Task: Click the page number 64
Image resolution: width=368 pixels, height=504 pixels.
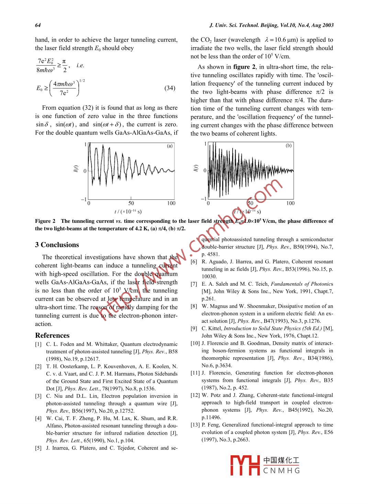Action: click(x=38, y=25)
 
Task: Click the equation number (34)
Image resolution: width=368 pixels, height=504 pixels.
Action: click(x=170, y=88)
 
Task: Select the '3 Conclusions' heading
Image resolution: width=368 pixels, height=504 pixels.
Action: click(x=57, y=245)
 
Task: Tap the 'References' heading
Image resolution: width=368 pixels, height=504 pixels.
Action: click(x=52, y=335)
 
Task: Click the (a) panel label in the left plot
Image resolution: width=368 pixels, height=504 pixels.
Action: click(x=170, y=146)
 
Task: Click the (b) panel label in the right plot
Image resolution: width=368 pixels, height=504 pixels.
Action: click(x=289, y=146)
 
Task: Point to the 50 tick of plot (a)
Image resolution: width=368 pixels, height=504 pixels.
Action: click(x=131, y=203)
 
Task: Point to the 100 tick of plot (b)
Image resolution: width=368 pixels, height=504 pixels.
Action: click(x=290, y=203)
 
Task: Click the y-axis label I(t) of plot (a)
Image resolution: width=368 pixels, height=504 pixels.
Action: click(x=76, y=169)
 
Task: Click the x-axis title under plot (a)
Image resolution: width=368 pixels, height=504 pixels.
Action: click(x=128, y=211)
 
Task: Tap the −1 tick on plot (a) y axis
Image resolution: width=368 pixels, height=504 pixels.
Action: click(x=83, y=199)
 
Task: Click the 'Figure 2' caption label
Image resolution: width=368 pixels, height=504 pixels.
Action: click(x=45, y=221)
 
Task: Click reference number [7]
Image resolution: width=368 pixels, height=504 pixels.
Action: click(x=194, y=284)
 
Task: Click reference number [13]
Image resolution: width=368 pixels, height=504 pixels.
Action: click(x=195, y=425)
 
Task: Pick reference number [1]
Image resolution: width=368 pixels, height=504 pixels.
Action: click(x=38, y=344)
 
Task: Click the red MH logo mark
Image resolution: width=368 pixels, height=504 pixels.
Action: click(x=245, y=465)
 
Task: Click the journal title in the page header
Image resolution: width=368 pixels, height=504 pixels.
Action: click(x=271, y=25)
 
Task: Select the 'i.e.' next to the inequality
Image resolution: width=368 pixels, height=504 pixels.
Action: click(x=80, y=65)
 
